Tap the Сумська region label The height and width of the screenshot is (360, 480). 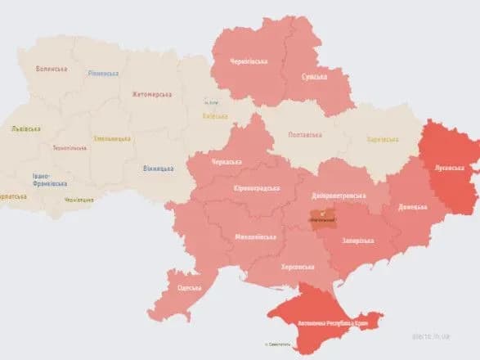click(x=315, y=77)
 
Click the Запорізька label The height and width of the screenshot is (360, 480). click(x=358, y=241)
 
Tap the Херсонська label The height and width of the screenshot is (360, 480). click(x=298, y=267)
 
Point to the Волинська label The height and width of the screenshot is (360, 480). click(x=52, y=69)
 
